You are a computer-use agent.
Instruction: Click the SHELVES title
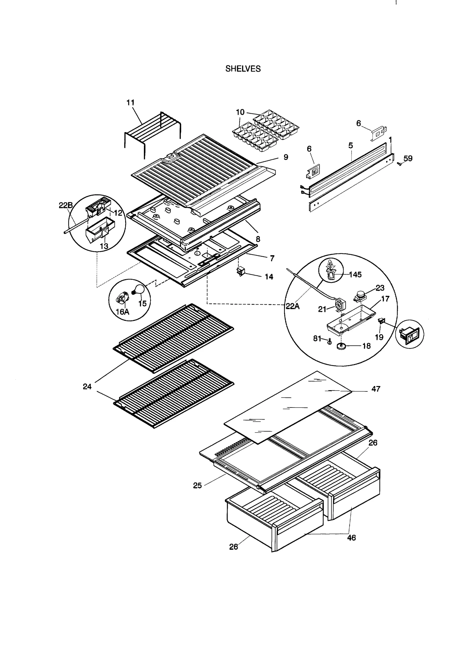pyautogui.click(x=243, y=69)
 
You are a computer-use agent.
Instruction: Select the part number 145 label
pyautogui.click(x=355, y=275)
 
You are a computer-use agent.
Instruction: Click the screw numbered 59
pyautogui.click(x=398, y=164)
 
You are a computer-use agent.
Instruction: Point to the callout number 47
pyautogui.click(x=375, y=389)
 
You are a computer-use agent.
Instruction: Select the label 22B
pyautogui.click(x=66, y=205)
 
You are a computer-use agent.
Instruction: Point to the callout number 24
pyautogui.click(x=87, y=387)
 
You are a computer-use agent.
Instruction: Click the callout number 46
pyautogui.click(x=351, y=538)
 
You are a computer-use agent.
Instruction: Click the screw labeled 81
pyautogui.click(x=329, y=341)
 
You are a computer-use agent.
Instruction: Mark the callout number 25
pyautogui.click(x=197, y=485)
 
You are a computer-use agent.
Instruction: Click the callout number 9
pyautogui.click(x=286, y=157)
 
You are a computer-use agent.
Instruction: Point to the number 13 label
pyautogui.click(x=104, y=246)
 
